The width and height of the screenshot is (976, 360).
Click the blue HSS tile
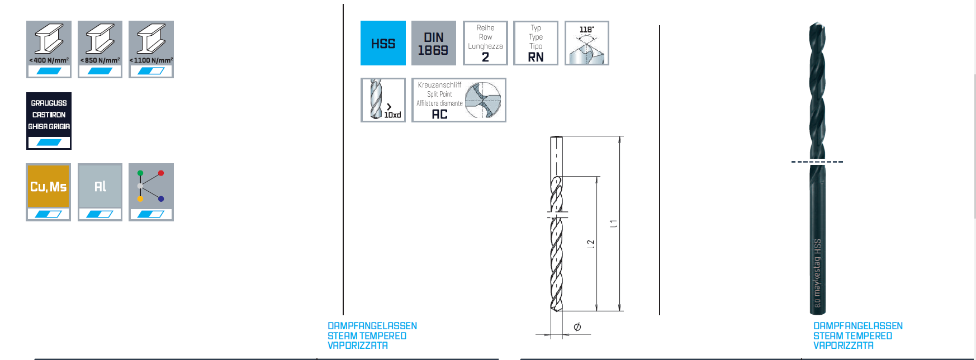[383, 43]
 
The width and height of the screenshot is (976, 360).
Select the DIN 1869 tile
[434, 43]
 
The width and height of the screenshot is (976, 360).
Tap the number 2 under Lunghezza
[485, 57]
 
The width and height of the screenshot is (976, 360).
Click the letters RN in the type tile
[536, 57]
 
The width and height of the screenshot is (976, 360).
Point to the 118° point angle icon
[586, 43]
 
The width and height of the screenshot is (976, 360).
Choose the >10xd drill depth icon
[383, 100]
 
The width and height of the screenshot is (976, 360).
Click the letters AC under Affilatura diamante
[439, 114]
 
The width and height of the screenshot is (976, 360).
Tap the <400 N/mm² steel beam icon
[49, 49]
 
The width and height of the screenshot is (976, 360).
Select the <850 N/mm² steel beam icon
[100, 49]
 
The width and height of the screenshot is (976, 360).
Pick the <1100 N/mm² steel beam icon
[151, 49]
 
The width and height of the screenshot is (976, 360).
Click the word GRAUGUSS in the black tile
[49, 103]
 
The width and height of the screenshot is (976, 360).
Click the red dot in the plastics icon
[161, 173]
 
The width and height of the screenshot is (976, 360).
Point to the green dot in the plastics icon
[140, 173]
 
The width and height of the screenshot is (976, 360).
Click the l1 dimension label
[613, 223]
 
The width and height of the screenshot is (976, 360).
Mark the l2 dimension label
[590, 244]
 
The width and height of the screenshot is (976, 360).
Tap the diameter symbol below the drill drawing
[577, 326]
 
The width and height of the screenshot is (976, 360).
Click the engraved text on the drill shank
[817, 273]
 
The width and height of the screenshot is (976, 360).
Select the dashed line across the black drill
[817, 162]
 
